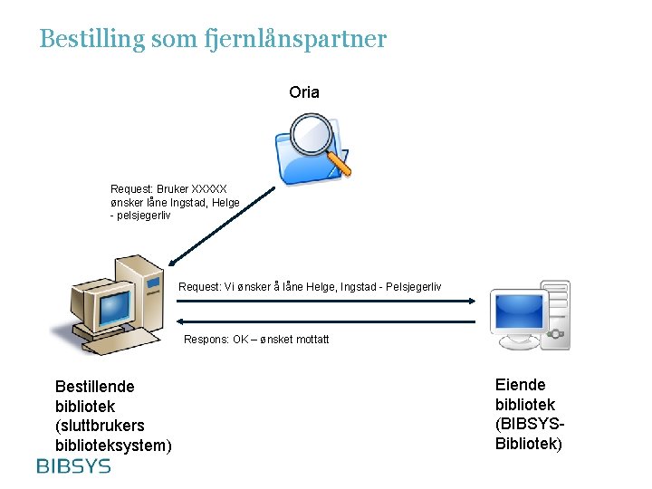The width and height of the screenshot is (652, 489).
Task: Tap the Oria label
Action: [303, 92]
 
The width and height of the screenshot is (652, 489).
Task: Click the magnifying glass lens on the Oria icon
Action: [314, 134]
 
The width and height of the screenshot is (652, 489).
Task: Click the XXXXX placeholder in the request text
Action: [209, 190]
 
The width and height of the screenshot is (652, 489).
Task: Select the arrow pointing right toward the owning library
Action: [326, 301]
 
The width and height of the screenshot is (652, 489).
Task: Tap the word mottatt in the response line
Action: [310, 340]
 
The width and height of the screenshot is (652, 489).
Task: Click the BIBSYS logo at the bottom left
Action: [73, 466]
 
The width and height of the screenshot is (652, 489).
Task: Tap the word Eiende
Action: [521, 385]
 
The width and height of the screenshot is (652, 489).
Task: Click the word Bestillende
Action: [94, 387]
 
